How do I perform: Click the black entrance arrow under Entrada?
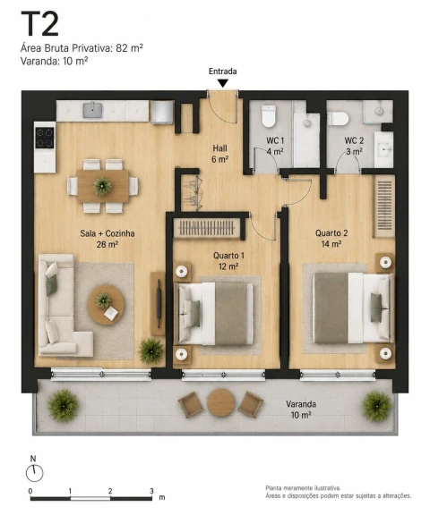coord(223,83)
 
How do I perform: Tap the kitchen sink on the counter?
coord(92,110)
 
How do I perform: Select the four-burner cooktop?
coord(45,138)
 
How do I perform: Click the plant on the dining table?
coord(102,186)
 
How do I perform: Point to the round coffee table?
coord(106,304)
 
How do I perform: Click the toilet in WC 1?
coord(269,116)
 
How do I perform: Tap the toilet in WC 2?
coord(338,119)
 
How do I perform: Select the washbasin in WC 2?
coord(384,149)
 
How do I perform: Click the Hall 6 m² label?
coord(219,154)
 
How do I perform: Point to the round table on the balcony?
coord(220,402)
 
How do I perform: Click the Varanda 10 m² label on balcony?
coord(301,409)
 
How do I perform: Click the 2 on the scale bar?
coord(110,491)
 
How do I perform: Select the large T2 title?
coord(39,24)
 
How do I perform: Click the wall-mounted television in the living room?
coord(159,303)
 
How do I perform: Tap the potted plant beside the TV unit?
coord(151,350)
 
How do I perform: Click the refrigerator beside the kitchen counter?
coord(162,112)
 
